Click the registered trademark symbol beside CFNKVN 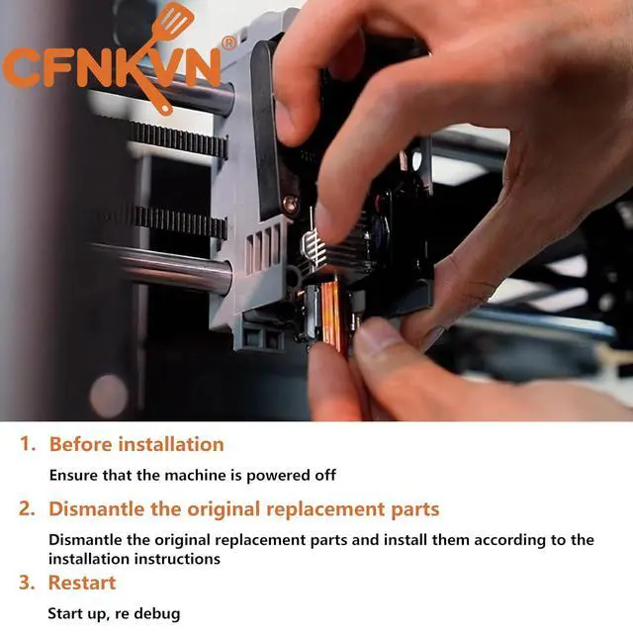(x=228, y=43)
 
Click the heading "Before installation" (x=136, y=444)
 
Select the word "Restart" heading (x=82, y=583)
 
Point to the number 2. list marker (x=27, y=508)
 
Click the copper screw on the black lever (x=290, y=203)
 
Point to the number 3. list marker (x=27, y=583)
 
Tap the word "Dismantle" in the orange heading (x=95, y=508)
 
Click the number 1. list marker (x=28, y=444)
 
